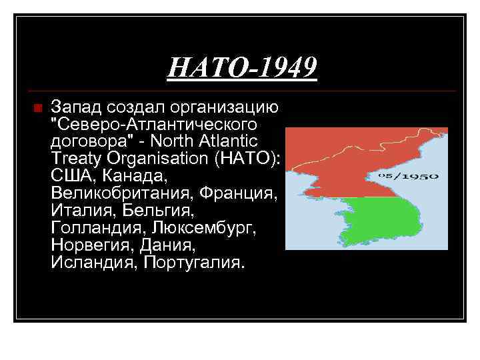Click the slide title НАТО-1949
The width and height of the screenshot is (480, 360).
click(x=241, y=67)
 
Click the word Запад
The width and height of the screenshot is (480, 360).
click(x=73, y=107)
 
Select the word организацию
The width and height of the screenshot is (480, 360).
click(x=227, y=107)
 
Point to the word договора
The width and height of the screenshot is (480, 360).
click(x=80, y=141)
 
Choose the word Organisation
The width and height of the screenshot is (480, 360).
click(x=157, y=159)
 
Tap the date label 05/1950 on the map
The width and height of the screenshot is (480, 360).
click(x=417, y=176)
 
